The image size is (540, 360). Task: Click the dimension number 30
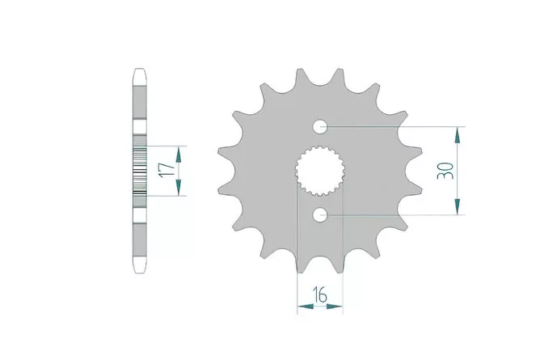445,171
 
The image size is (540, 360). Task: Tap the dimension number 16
320,294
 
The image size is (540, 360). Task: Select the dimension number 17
167,170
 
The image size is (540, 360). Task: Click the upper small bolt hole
320,126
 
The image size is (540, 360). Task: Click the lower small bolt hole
320,215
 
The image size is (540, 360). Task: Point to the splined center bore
320,171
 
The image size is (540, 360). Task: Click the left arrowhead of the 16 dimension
306,306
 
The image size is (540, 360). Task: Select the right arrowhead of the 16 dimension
335,306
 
